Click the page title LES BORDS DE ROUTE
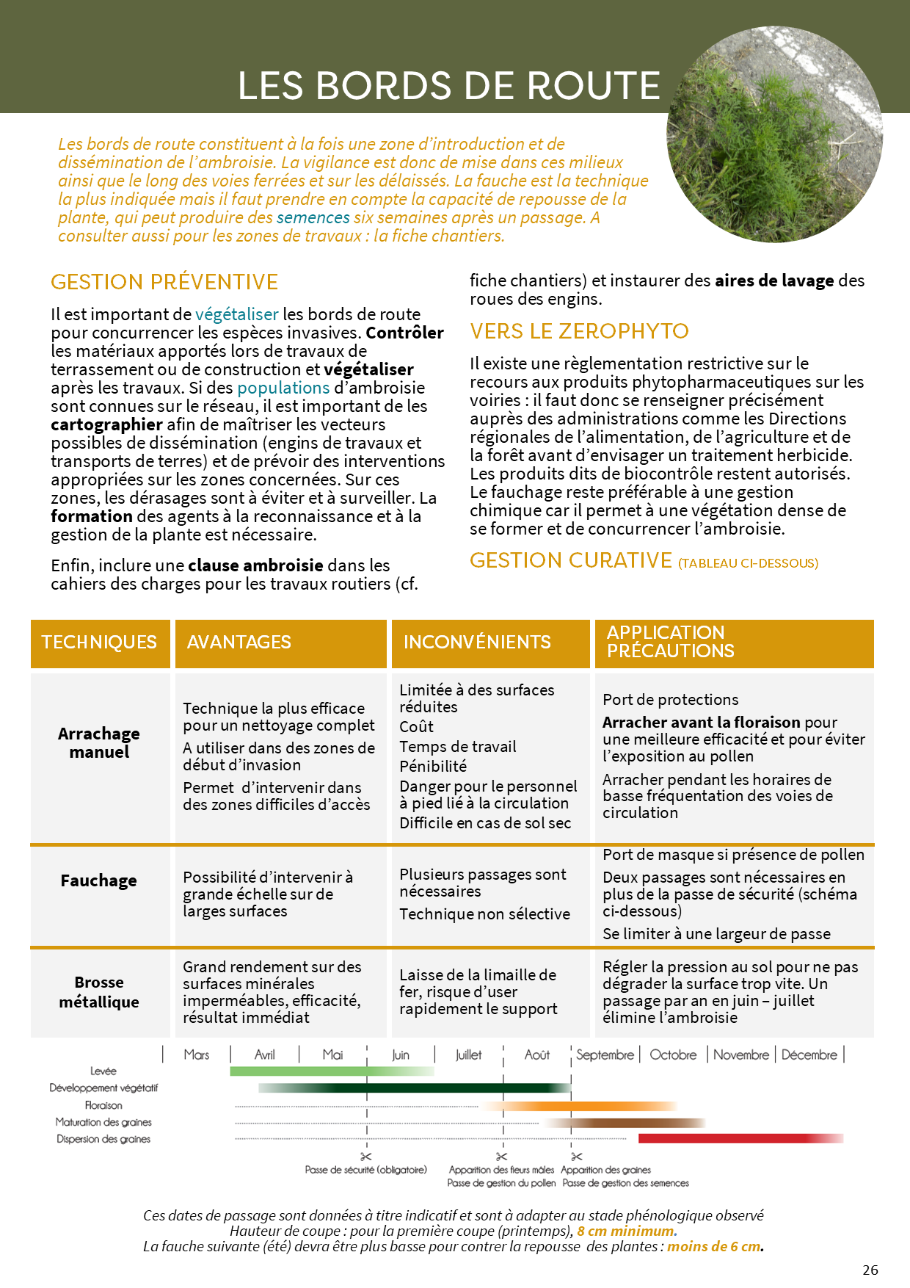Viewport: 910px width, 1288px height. pos(448,85)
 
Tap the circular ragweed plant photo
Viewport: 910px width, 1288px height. pos(774,135)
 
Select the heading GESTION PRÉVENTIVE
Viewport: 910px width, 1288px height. pos(164,282)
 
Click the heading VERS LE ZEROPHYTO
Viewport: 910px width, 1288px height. pos(579,331)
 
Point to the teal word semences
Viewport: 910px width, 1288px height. pos(313,217)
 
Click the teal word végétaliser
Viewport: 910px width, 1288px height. pos(237,314)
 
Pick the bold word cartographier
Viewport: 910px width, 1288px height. pos(106,424)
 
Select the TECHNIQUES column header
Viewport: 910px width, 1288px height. pos(99,643)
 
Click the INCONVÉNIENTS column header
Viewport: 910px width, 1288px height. pos(477,643)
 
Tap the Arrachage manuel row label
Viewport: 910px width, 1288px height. pos(99,742)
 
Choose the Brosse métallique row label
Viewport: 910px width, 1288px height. pos(99,992)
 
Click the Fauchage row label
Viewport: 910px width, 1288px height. pos(99,880)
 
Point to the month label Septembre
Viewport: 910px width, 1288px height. pos(605,1054)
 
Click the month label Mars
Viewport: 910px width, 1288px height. pos(197,1054)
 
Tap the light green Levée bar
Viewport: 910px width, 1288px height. pos(330,1071)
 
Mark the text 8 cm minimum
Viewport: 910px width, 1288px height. pos(625,1231)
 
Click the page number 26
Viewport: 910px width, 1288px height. pos(870,1270)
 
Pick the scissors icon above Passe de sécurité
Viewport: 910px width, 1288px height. pos(366,1157)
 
